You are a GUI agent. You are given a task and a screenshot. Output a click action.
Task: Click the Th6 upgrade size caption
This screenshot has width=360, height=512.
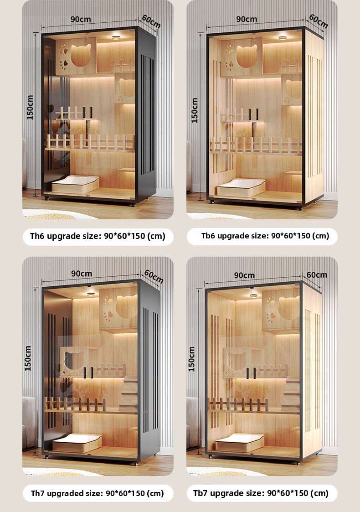pyautogui.click(x=98, y=236)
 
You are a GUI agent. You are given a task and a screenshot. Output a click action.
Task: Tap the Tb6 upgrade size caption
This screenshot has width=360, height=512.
pyautogui.click(x=265, y=235)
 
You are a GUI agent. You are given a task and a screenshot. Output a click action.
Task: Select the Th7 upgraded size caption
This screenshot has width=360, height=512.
pyautogui.click(x=97, y=493)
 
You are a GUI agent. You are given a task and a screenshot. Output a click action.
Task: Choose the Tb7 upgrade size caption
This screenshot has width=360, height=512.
pyautogui.click(x=261, y=493)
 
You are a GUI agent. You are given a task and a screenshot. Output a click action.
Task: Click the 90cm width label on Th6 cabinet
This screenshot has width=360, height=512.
pyautogui.click(x=81, y=19)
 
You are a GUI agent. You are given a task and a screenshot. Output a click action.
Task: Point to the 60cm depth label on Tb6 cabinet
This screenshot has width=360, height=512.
pyautogui.click(x=318, y=21)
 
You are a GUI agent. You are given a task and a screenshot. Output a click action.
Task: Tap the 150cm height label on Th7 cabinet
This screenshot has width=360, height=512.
pyautogui.click(x=28, y=358)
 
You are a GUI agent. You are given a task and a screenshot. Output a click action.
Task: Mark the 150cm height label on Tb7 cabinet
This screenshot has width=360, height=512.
pyautogui.click(x=191, y=359)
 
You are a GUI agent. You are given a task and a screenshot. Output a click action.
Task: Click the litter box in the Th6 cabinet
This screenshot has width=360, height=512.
pyautogui.click(x=75, y=184)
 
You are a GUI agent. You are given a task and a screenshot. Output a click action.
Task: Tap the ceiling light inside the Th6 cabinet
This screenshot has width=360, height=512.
pyautogui.click(x=116, y=38)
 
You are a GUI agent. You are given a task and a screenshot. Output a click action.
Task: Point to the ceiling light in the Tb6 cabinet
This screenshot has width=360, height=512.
pyautogui.click(x=283, y=38)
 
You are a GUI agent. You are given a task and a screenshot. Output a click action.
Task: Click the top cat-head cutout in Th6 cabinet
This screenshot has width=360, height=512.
pyautogui.click(x=81, y=55)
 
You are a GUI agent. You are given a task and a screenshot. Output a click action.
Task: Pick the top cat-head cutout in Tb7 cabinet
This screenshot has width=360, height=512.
pyautogui.click(x=288, y=308)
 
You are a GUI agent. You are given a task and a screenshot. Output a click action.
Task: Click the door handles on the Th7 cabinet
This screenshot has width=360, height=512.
pyautogui.click(x=88, y=372)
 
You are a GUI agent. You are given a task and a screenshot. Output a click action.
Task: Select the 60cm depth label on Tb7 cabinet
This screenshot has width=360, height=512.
pyautogui.click(x=317, y=275)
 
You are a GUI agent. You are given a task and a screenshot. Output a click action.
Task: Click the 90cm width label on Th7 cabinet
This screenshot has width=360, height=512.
pyautogui.click(x=82, y=274)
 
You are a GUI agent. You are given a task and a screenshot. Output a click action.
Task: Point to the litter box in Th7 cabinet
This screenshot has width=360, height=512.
pyautogui.click(x=77, y=443)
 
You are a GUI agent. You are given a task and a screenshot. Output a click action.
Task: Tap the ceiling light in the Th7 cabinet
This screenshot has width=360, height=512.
pyautogui.click(x=91, y=294)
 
